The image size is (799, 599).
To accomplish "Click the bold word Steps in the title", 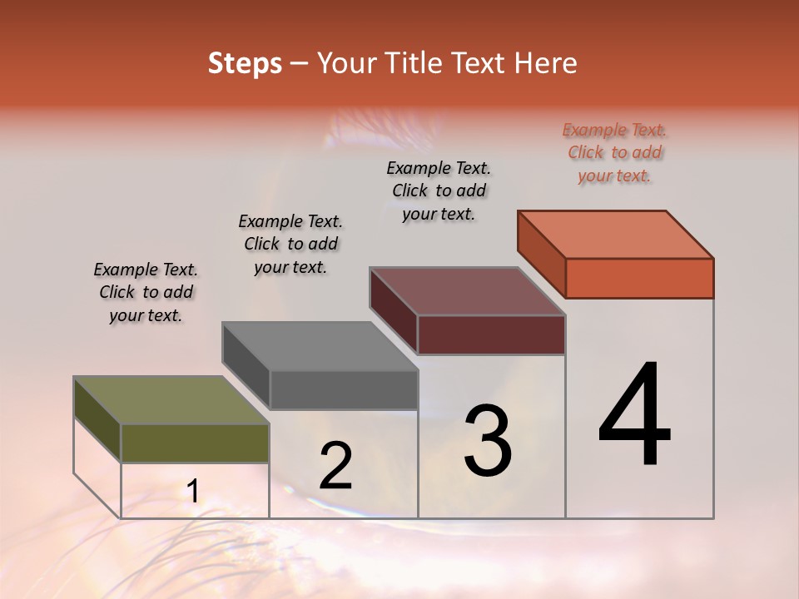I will (x=245, y=63).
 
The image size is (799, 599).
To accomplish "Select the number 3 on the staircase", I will (x=488, y=440).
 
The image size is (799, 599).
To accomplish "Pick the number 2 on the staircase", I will (x=335, y=466).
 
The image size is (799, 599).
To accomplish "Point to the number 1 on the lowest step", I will (x=192, y=492).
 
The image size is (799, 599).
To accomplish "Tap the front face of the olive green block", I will (x=195, y=443).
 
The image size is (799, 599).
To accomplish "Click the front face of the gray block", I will (x=344, y=389).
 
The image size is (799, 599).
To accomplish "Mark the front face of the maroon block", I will (x=491, y=334).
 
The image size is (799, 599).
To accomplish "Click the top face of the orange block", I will (x=616, y=235).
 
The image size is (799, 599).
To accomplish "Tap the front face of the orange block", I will (x=639, y=278).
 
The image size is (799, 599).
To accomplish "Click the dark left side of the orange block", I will (x=541, y=254).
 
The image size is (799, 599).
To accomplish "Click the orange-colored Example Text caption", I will (x=615, y=152).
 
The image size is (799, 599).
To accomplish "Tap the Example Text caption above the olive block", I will (x=146, y=292).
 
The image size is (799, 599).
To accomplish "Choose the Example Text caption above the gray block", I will (x=290, y=244).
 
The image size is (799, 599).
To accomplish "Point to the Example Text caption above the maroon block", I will (x=439, y=191).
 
